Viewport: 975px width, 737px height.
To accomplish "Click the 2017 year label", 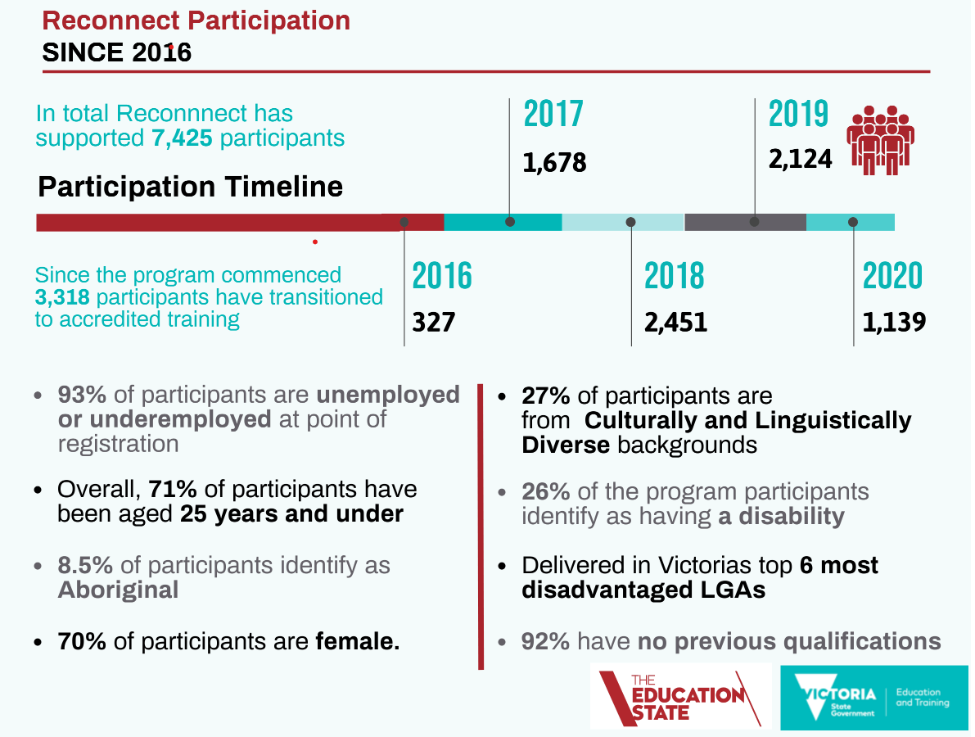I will click(553, 115).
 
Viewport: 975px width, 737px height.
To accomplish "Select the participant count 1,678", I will click(555, 162).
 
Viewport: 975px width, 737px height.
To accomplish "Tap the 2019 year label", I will click(798, 115).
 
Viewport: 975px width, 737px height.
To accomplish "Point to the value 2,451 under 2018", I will click(675, 322).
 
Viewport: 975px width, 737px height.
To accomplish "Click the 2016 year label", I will click(442, 277).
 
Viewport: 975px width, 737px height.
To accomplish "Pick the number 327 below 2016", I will click(433, 322).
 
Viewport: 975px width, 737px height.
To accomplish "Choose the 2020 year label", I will click(892, 277).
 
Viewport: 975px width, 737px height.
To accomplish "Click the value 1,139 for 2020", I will click(894, 322).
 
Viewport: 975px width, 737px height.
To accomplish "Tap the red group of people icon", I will click(881, 140).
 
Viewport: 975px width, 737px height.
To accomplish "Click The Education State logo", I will click(680, 696).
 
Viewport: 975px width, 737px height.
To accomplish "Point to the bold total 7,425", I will click(183, 138).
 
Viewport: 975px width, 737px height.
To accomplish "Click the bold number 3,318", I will click(64, 296).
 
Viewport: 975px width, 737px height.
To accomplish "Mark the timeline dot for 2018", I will click(630, 222).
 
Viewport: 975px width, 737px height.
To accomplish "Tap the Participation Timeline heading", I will click(191, 187).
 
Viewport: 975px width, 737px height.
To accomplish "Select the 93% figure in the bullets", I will click(82, 395).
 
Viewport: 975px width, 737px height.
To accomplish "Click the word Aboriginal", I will click(118, 590).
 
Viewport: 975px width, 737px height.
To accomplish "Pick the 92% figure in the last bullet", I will click(545, 641).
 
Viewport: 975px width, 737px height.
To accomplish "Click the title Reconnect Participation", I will click(196, 20).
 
